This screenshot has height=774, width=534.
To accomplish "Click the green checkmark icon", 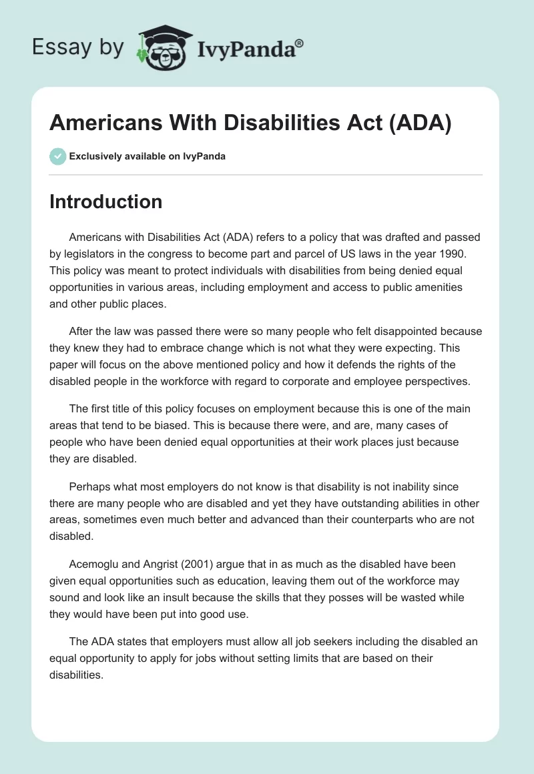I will (57, 156).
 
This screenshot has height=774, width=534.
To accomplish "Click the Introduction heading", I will (105, 202).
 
